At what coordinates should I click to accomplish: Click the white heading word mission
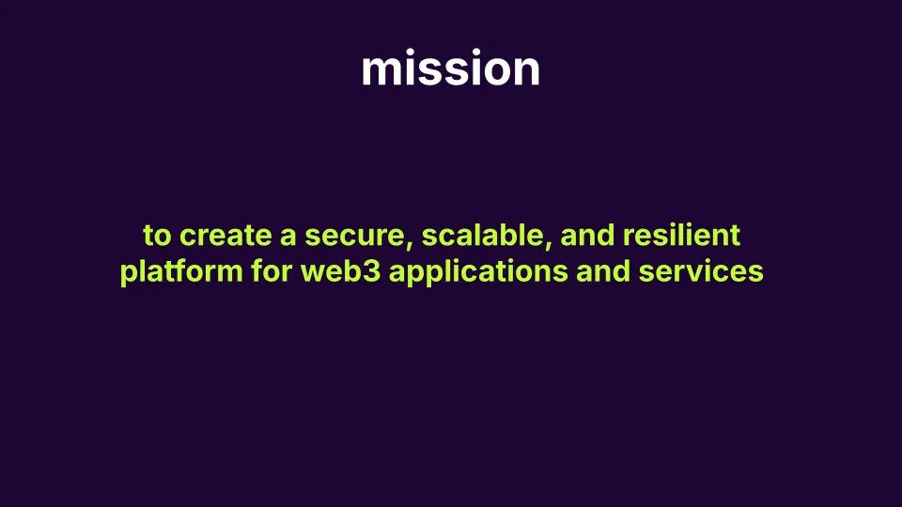(x=451, y=69)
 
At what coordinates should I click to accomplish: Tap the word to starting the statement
(x=157, y=236)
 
